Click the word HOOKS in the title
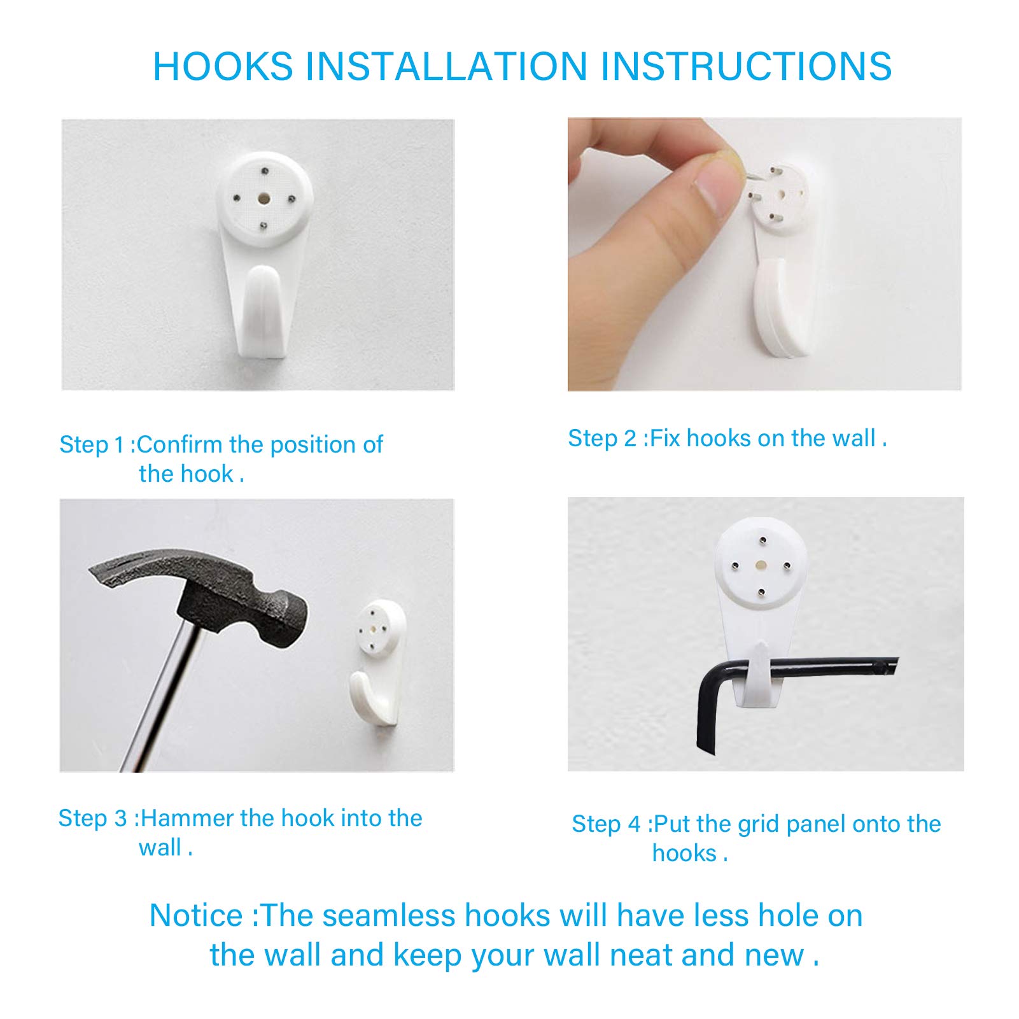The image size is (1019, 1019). pyautogui.click(x=223, y=67)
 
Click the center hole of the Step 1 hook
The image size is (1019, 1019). pyautogui.click(x=263, y=199)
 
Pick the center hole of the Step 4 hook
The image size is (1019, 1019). pyautogui.click(x=760, y=564)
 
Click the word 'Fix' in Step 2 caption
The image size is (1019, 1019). pyautogui.click(x=665, y=438)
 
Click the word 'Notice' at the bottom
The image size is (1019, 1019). pyautogui.click(x=196, y=915)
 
